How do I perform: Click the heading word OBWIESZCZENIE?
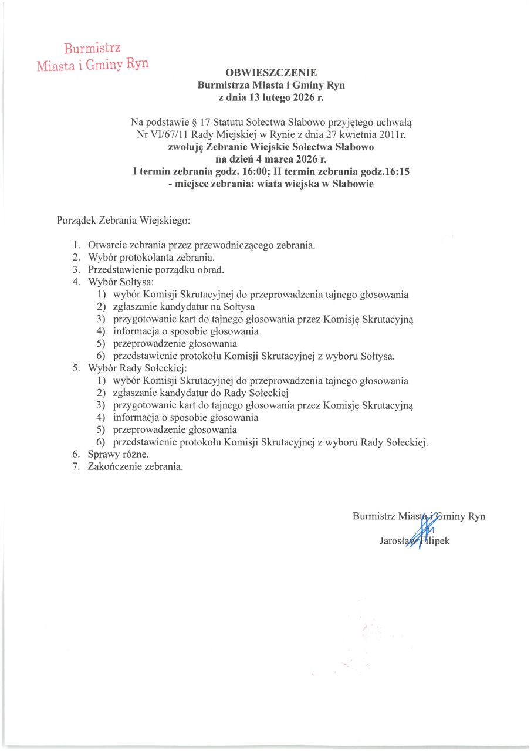[271, 73]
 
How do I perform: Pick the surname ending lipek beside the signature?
[437, 540]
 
